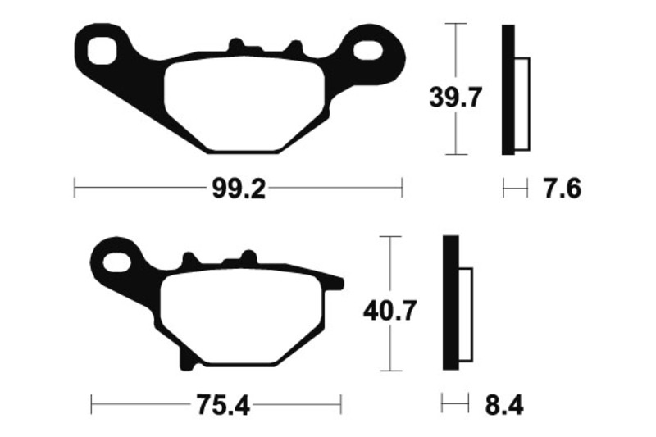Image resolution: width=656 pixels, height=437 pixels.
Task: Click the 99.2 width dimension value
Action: pyautogui.click(x=239, y=189)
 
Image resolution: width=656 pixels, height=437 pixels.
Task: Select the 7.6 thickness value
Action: pyautogui.click(x=562, y=189)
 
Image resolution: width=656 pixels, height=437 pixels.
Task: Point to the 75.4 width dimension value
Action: pyautogui.click(x=216, y=404)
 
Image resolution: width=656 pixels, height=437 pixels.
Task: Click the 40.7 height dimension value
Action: pyautogui.click(x=390, y=311)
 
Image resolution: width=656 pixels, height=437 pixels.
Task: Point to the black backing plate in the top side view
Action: pyautogui.click(x=508, y=90)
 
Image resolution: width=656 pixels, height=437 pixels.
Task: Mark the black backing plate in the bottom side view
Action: pyautogui.click(x=449, y=303)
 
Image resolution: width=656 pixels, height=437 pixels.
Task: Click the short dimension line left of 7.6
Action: pyautogui.click(x=514, y=189)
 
